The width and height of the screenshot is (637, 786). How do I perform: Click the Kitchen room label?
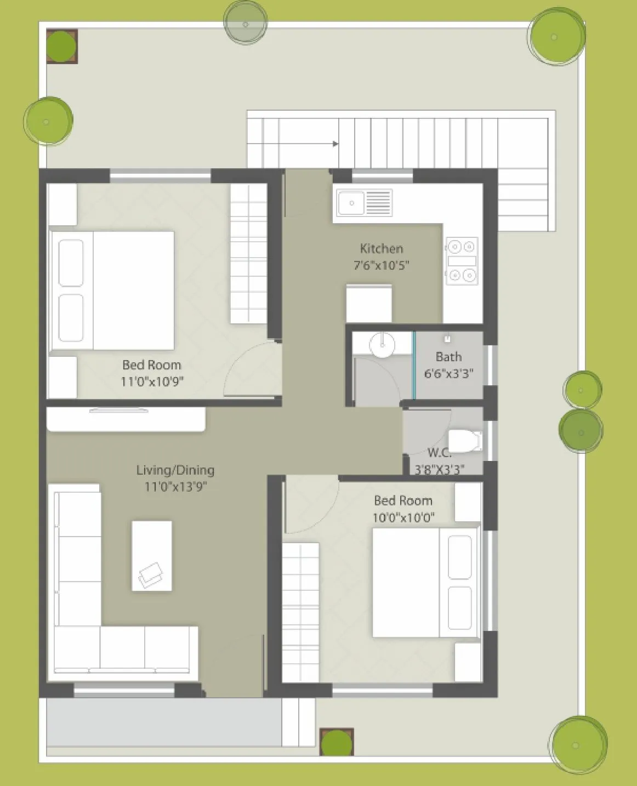[x=382, y=248]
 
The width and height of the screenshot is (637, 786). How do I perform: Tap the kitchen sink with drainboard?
[x=365, y=203]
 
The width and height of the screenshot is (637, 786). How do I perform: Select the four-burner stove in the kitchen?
[x=462, y=261]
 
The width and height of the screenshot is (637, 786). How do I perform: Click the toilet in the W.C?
[x=464, y=441]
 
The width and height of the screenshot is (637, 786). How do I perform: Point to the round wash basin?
[x=382, y=345]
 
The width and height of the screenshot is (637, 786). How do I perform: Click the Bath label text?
[x=448, y=357]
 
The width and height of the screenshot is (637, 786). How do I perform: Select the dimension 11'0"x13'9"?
[x=175, y=487]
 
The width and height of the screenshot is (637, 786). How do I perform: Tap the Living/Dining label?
[x=175, y=470]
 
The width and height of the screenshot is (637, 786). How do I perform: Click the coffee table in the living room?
[x=152, y=556]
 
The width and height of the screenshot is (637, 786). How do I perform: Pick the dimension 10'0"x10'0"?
[x=403, y=517]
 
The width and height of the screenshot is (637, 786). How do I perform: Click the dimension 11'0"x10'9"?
[x=152, y=381]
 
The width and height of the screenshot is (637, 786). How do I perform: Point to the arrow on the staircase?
[x=334, y=144]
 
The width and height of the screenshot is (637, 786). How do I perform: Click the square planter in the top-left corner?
[x=61, y=47]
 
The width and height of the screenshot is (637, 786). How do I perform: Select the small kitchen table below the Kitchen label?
[x=369, y=304]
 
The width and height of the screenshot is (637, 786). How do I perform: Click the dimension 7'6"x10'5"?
[x=382, y=265]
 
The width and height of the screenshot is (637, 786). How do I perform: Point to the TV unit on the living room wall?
[x=126, y=419]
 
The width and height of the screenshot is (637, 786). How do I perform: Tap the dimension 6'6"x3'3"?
[x=448, y=374]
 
